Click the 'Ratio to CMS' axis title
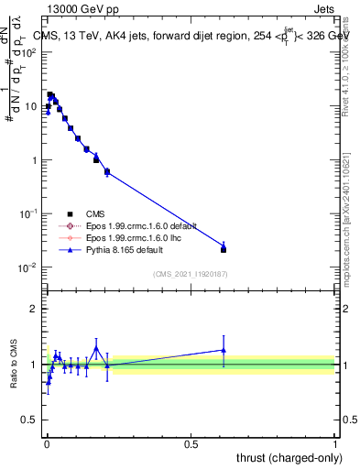click(14, 365)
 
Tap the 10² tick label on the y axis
click(30, 52)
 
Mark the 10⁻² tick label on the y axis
click(30, 267)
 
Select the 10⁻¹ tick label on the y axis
click(30, 213)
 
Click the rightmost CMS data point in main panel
click(224, 249)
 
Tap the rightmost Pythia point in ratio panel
click(224, 349)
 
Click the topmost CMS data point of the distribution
click(50, 94)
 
